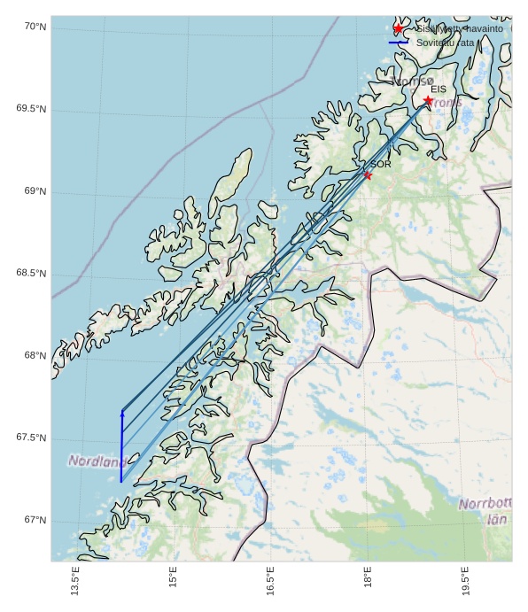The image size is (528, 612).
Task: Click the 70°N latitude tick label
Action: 35,27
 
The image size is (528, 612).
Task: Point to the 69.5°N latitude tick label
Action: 31,109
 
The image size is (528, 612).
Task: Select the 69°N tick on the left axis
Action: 35,191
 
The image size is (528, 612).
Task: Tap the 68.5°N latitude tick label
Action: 31,273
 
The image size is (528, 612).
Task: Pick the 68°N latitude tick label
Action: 35,355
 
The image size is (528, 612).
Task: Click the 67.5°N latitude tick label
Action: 31,438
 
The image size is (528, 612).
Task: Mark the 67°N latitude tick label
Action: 35,520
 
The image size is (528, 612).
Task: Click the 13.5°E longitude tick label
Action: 75,581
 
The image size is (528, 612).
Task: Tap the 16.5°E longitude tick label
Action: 270,581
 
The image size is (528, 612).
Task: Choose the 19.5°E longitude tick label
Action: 465,581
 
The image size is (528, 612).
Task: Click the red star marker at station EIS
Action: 429,101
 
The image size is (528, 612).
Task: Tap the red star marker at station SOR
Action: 368,175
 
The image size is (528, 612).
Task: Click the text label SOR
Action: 381,164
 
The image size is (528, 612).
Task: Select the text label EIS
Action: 439,89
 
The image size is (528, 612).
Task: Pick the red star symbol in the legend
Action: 398,29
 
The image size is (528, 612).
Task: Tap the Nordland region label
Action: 95,461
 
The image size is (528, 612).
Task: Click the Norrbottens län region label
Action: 485,511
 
